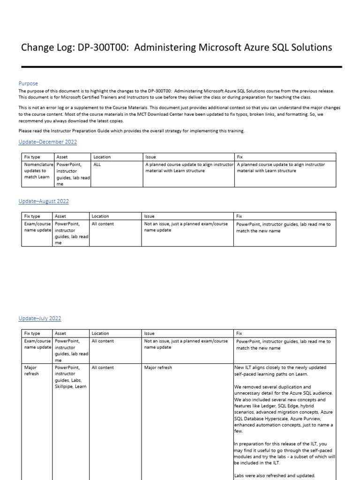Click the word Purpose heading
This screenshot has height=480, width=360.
pos(28,83)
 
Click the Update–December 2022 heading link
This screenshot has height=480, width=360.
pos(47,142)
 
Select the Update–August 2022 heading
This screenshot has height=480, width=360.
pos(44,201)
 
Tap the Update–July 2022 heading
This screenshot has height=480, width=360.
pos(40,318)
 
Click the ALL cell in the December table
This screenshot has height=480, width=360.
pos(97,165)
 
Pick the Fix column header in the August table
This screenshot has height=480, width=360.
pos(239,216)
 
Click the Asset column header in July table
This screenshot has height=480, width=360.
pos(60,333)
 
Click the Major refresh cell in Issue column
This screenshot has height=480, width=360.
pos(158,367)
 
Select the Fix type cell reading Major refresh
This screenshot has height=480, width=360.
pos(32,371)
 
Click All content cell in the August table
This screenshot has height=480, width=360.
pos(103,224)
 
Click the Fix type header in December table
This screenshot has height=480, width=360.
pos(33,157)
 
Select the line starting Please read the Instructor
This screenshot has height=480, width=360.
pos(131,131)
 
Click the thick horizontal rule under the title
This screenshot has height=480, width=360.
pos(182,67)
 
